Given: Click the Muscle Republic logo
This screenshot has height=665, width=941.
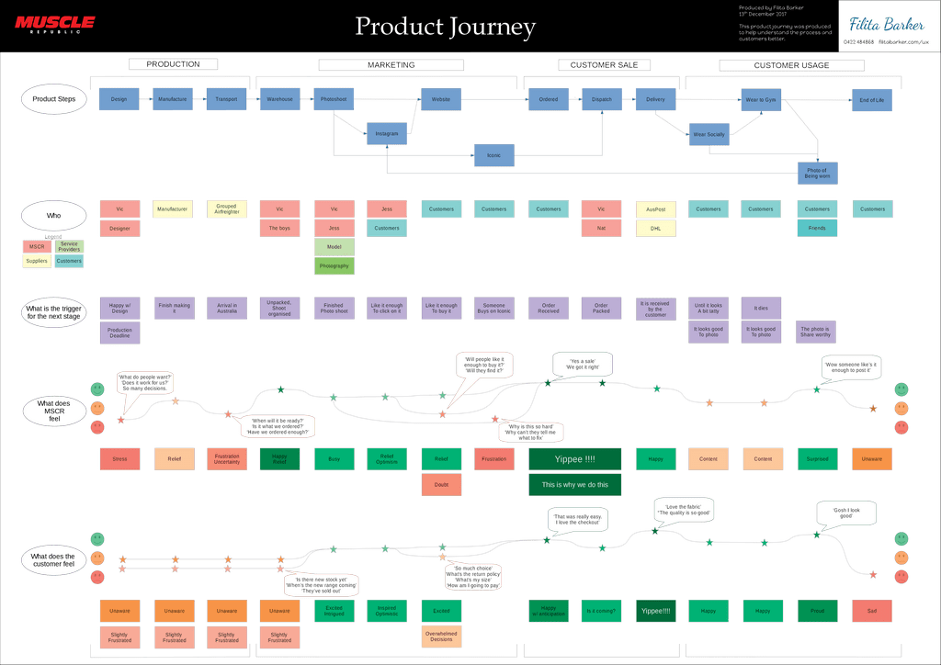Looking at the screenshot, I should pos(54,24).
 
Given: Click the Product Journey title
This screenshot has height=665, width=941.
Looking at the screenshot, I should pos(445,27).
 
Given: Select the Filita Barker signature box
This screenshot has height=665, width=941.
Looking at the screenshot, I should pos(887,26).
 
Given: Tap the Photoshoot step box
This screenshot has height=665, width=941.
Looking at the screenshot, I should pos(334,99).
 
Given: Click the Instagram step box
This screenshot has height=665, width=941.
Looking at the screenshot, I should pos(387,134).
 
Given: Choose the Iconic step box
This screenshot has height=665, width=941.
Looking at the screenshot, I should pos(493,155).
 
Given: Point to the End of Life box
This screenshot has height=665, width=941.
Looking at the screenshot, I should pos(871,99).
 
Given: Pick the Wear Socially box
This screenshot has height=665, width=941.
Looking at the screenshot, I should pos(709,134).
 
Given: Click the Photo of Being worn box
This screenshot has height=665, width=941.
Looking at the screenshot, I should pos(817,172).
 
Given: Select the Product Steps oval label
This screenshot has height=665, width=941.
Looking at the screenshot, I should pos(54,99).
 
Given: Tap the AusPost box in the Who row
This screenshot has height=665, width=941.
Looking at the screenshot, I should pos(655,209).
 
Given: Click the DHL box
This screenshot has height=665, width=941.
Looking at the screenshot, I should pos(655,228).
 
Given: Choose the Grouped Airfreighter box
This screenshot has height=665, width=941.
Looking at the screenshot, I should pos(227,209).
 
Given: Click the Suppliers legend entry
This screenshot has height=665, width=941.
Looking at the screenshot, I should pos(37,261).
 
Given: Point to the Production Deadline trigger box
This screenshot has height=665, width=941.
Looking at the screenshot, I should pos(119,333).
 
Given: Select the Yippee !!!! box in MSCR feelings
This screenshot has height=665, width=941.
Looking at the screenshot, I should pos(575,459).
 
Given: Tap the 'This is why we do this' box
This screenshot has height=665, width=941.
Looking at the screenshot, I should pos(575,485).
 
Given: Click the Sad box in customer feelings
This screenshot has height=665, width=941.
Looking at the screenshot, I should pos(871,610).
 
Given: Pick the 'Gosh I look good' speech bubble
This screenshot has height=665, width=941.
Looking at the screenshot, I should pos(846,514).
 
